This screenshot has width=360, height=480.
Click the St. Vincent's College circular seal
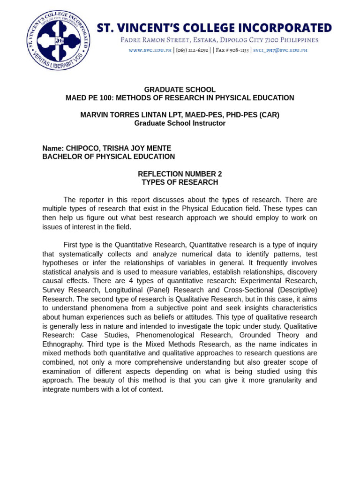pos(59,41)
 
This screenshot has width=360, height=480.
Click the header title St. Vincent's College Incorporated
pos(214,28)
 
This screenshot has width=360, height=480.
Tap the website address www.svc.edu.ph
pos(150,50)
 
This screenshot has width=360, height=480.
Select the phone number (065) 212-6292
pos(193,50)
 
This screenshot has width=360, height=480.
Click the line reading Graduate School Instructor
pos(180,123)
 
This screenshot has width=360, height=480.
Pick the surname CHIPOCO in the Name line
pos(82,149)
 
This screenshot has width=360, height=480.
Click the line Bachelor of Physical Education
pos(108,157)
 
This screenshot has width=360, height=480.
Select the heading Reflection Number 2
pos(180,174)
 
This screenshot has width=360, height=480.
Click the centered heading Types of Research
pos(180,182)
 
